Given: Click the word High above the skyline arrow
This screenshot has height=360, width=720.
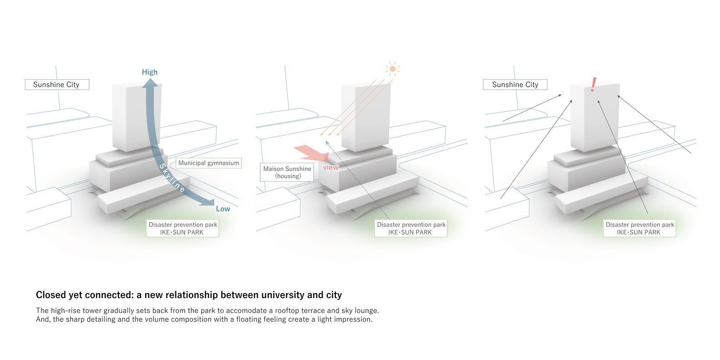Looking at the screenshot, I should click(149, 72).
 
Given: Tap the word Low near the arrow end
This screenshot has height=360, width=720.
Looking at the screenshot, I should click(223, 209).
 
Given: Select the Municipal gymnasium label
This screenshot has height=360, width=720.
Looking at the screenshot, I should click(208, 163).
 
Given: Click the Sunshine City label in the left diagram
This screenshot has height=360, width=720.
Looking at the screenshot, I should click(56, 85).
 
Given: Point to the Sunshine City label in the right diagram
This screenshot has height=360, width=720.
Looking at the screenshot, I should click(515, 85).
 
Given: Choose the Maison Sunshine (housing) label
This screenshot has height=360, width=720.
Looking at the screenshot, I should click(287, 172).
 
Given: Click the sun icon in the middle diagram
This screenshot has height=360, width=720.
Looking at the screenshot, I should click(392, 69).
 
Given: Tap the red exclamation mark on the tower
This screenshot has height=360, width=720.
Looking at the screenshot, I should click(593, 85).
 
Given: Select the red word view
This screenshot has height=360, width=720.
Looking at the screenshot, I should click(331, 167).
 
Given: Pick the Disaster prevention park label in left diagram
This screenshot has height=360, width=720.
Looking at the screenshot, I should click(183, 228).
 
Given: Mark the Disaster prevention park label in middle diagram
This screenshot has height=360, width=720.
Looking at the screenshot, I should click(411, 228).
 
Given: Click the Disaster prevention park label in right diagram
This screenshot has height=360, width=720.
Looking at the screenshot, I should click(639, 228).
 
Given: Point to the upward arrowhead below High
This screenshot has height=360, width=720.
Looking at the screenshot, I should click(149, 82).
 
